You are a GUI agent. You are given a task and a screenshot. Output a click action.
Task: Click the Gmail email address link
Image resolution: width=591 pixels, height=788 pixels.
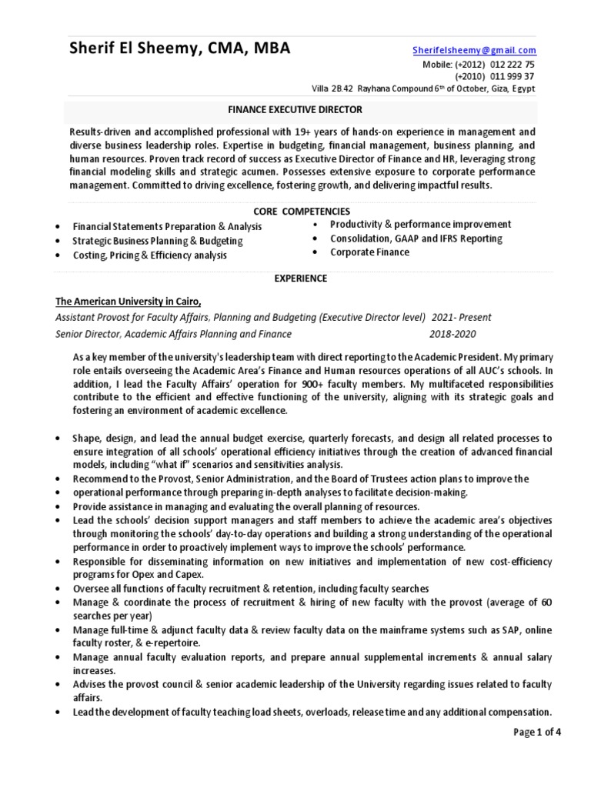click(x=473, y=50)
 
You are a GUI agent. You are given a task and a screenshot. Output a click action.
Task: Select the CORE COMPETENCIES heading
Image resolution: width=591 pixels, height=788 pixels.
click(x=302, y=211)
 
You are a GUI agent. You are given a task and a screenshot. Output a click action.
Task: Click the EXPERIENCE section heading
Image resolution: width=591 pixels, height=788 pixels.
click(x=301, y=278)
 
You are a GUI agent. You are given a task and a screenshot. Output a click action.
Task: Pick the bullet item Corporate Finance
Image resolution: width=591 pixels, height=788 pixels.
click(x=369, y=252)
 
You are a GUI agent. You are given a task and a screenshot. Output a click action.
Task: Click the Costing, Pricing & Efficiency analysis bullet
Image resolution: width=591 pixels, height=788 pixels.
click(x=149, y=255)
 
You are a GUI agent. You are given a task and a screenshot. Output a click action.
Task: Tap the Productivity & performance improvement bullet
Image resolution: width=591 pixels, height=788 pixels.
click(x=420, y=224)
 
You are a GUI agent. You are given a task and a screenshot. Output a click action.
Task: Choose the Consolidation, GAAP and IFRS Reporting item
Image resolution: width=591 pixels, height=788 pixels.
click(x=416, y=239)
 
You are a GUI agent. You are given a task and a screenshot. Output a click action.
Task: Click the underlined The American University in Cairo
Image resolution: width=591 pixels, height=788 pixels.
click(x=129, y=301)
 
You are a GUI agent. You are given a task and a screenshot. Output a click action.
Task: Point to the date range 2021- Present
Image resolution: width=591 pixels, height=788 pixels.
click(x=461, y=317)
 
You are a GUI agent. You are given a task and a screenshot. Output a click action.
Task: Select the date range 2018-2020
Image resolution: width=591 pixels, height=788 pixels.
click(x=452, y=334)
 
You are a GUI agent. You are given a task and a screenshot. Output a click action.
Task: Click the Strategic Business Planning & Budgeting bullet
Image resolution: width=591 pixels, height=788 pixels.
click(x=157, y=241)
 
